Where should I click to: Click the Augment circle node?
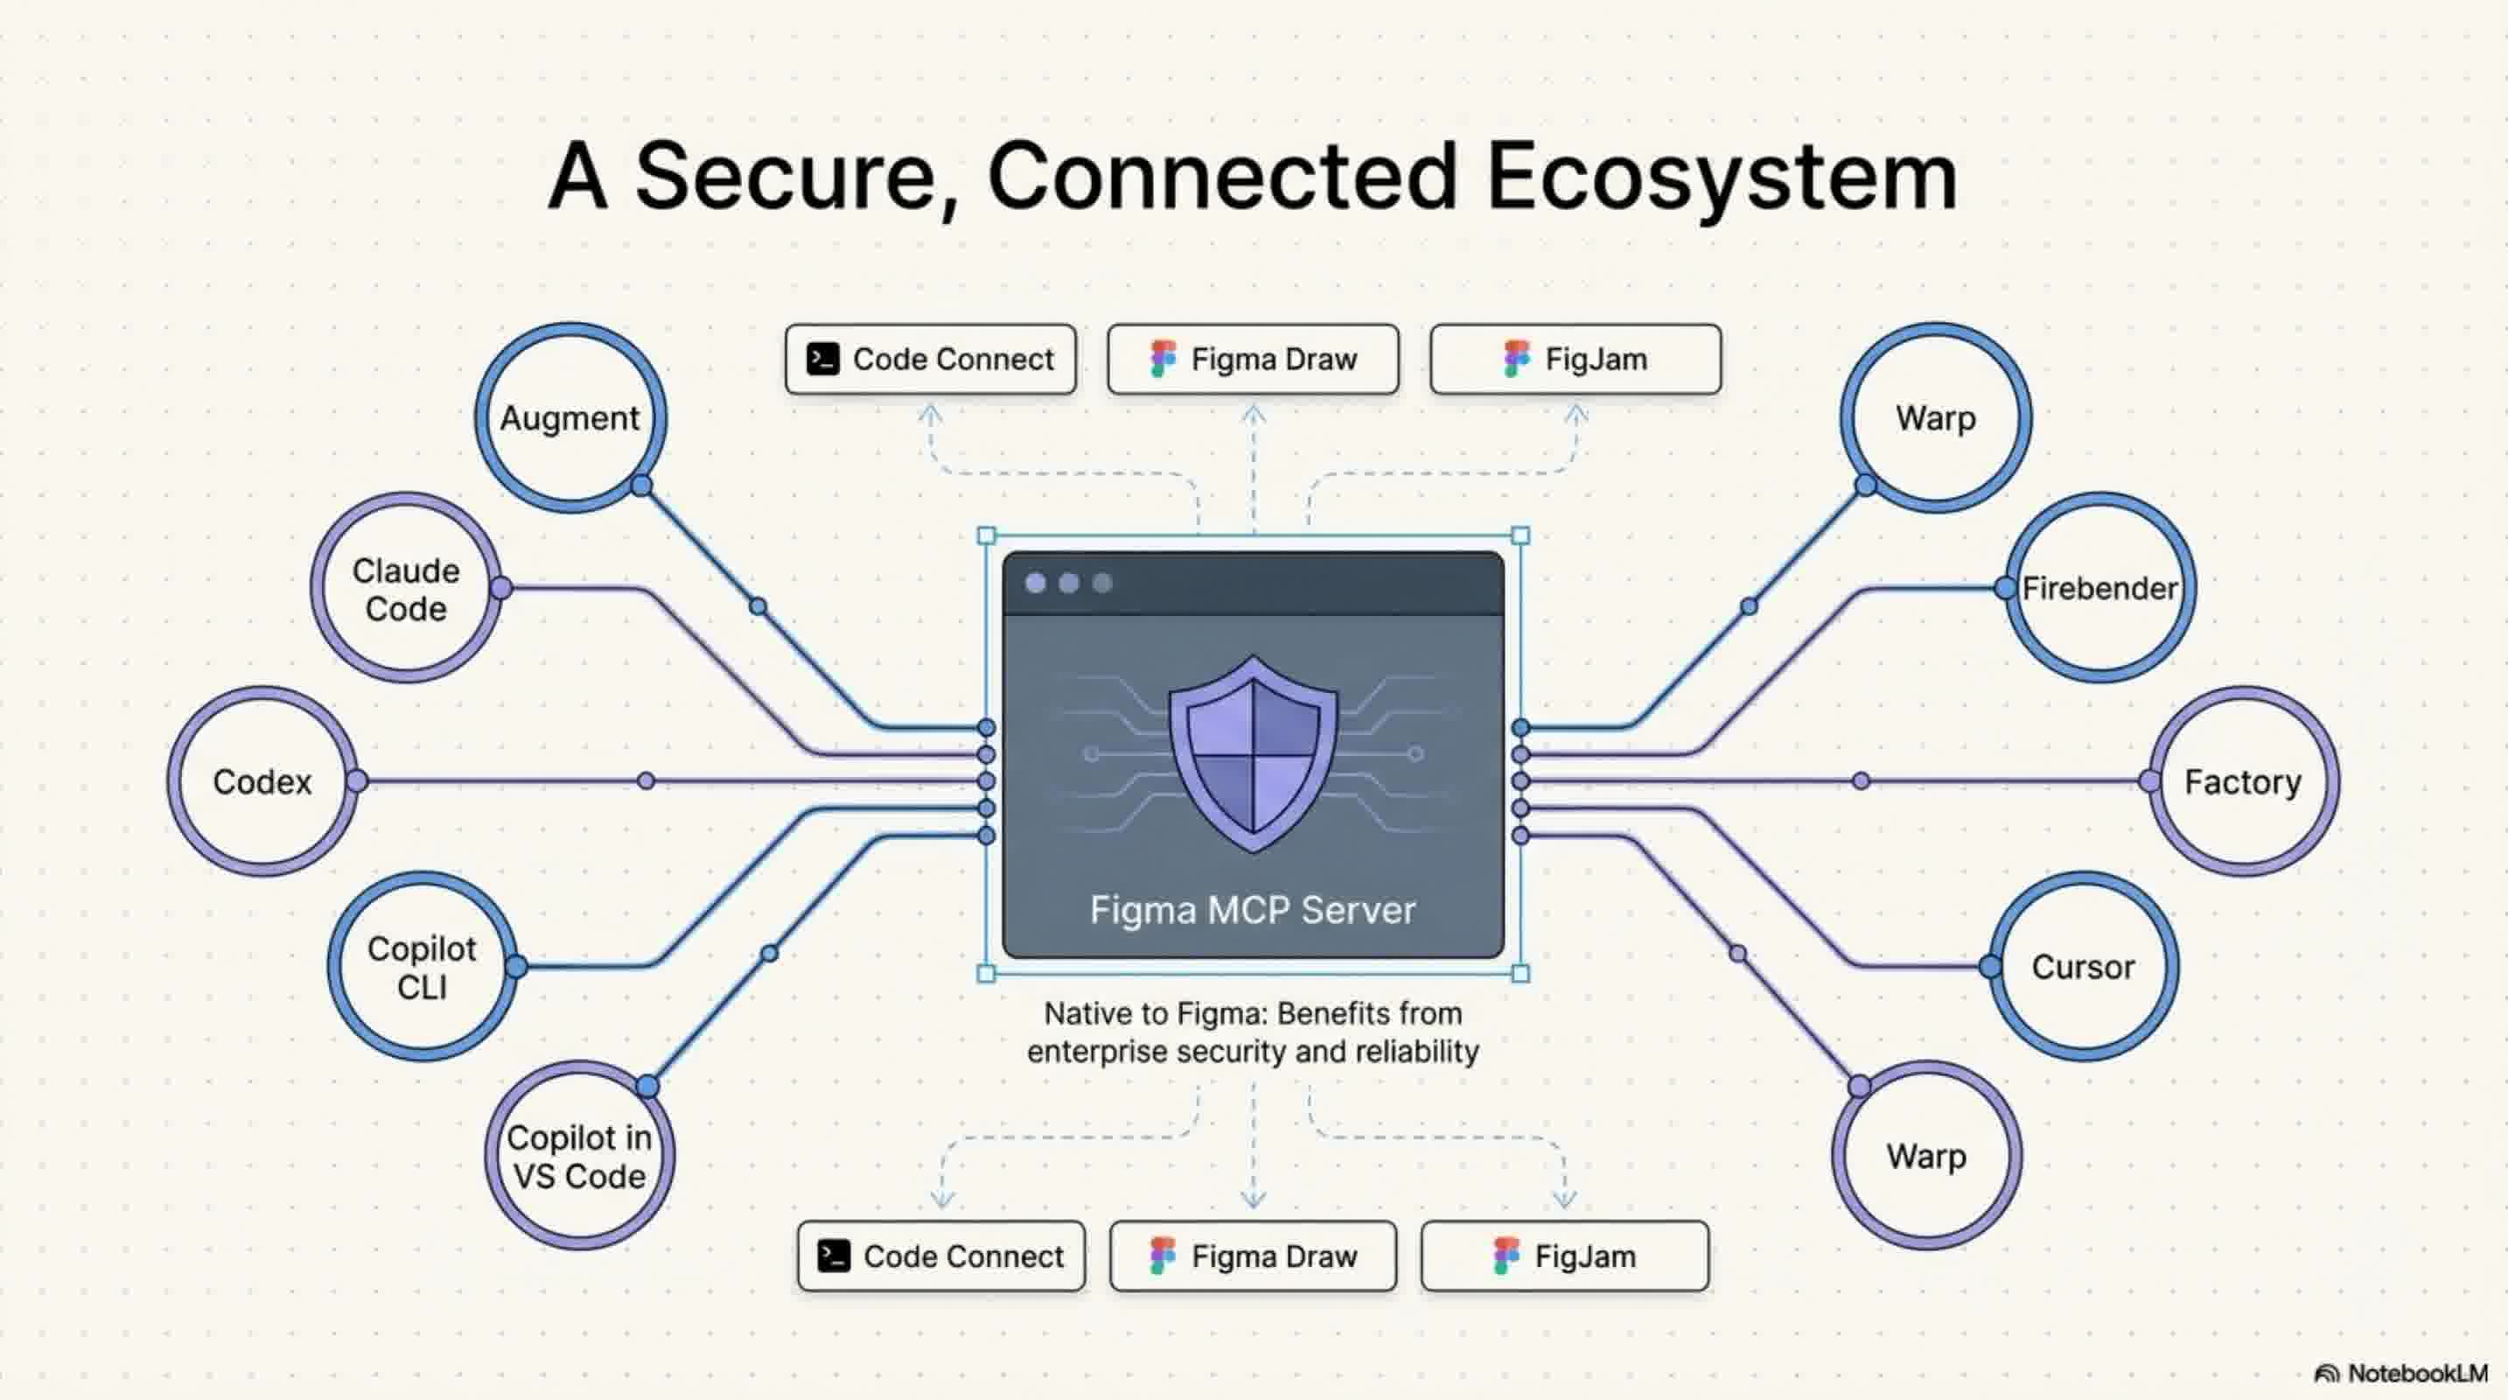[x=570, y=417]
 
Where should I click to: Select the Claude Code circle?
[x=406, y=588]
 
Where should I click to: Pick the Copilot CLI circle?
[x=423, y=967]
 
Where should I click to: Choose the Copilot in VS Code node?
[x=579, y=1156]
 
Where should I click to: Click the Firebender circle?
[x=2100, y=588]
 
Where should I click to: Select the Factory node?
[x=2242, y=780]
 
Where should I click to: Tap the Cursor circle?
[x=2083, y=967]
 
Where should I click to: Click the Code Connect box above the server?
[x=931, y=360]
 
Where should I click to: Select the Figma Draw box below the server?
[x=1253, y=1256]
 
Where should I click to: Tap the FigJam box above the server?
[x=1575, y=360]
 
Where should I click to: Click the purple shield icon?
[x=1253, y=752]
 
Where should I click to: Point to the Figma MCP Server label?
[x=1252, y=909]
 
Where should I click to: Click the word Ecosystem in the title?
[x=1722, y=178]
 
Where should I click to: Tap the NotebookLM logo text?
[x=2416, y=1373]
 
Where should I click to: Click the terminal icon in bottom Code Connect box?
[x=834, y=1256]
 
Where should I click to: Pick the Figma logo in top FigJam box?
[x=1516, y=360]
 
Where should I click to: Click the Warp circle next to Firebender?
[x=1936, y=417]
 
